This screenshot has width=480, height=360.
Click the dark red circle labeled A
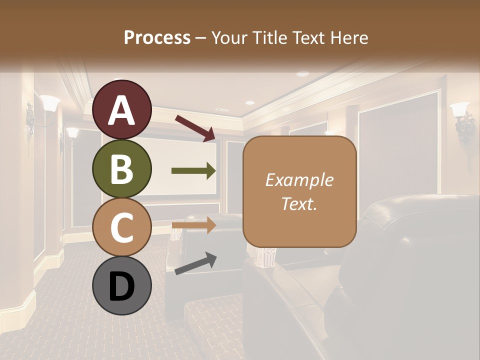121,110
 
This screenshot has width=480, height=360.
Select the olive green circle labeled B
121,169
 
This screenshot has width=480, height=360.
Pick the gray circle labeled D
121,286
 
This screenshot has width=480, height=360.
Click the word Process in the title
157,37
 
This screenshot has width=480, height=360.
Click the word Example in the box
299,180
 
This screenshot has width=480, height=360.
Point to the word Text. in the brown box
299,203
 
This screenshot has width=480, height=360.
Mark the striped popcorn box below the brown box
264,257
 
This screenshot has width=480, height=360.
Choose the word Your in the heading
228,37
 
